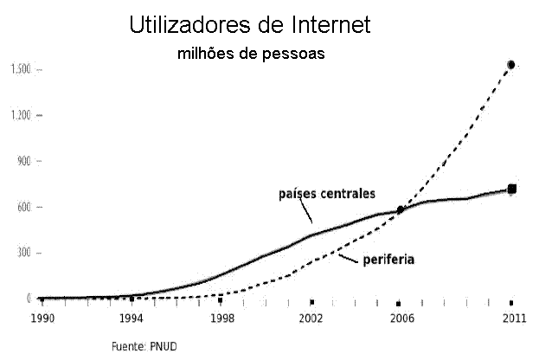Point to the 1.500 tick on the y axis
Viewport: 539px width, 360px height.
(21, 69)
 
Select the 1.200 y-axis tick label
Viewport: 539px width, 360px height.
(21, 115)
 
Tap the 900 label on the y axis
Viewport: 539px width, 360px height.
(22, 161)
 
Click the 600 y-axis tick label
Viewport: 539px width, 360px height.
(22, 207)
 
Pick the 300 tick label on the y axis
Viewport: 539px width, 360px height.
(22, 253)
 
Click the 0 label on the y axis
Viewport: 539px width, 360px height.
(29, 299)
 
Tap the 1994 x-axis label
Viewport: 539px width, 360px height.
(131, 318)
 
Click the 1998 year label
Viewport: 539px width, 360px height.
(222, 318)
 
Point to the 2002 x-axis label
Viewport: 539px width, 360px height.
(311, 318)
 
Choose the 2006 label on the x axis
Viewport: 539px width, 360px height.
(400, 318)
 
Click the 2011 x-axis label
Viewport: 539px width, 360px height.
(512, 318)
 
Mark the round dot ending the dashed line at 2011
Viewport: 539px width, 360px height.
(511, 65)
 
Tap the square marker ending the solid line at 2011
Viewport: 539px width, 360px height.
(512, 189)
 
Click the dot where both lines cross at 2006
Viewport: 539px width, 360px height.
(401, 209)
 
